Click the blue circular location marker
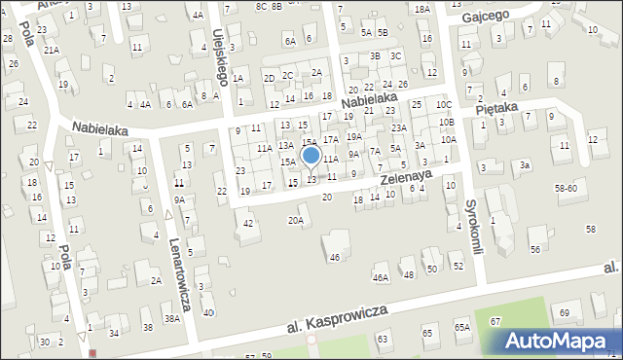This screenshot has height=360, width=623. (x=311, y=156)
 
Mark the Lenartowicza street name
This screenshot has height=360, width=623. (x=181, y=274)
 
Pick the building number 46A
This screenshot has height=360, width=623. (x=381, y=277)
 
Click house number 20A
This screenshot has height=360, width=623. (x=295, y=220)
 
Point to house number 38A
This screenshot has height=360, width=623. (x=172, y=318)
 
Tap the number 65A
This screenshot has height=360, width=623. (x=461, y=328)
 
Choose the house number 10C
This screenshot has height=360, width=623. (x=444, y=104)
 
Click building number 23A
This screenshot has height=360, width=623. (x=399, y=127)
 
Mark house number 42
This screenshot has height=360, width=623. (x=249, y=224)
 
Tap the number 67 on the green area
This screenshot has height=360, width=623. (x=495, y=321)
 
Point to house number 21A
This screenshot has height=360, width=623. (x=51, y=50)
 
